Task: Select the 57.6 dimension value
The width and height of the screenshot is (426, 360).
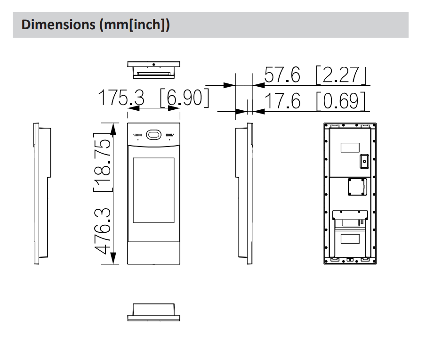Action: click(282, 75)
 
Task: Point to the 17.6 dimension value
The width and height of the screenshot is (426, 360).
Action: click(282, 101)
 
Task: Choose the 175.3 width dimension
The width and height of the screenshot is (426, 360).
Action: click(121, 98)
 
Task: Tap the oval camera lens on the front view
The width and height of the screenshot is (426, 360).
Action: click(153, 135)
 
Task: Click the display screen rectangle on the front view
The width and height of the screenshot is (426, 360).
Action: click(153, 190)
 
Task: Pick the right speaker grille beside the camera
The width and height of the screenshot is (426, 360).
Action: click(169, 134)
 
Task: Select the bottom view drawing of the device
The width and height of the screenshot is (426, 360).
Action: click(153, 312)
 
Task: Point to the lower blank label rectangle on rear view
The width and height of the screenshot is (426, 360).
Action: click(349, 238)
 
